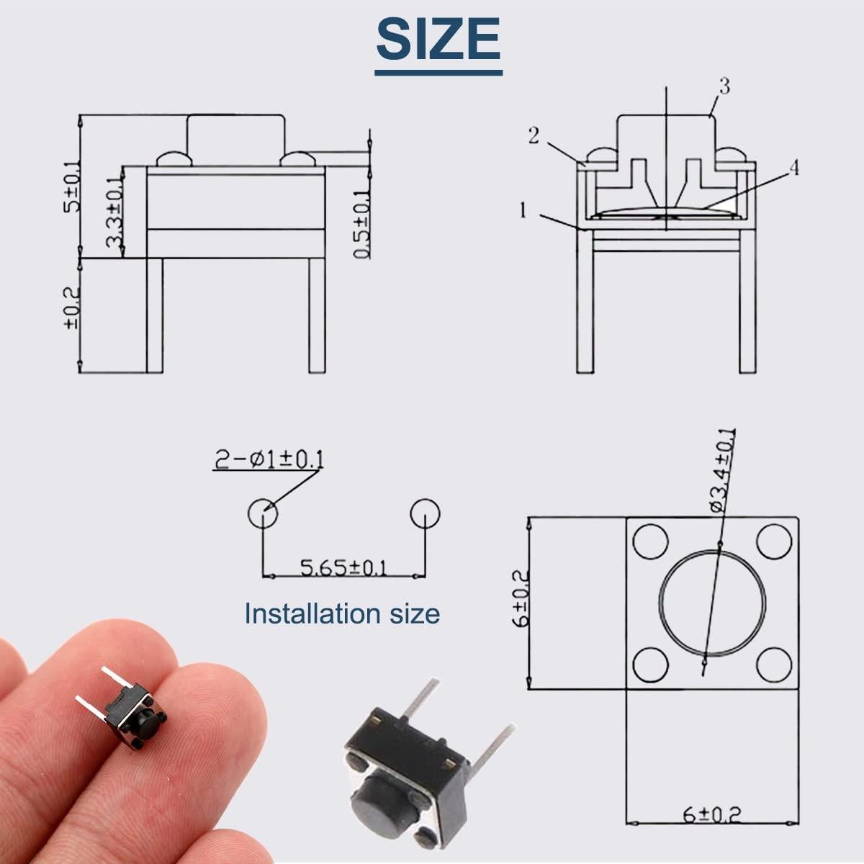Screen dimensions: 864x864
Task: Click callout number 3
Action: pos(724,86)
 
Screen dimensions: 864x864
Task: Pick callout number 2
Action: pos(534,135)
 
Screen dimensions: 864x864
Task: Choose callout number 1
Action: pos(524,211)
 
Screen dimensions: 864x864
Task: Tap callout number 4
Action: pos(793,168)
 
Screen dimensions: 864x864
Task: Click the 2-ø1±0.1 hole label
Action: pos(268,459)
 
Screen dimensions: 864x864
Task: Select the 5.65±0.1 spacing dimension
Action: pos(343,568)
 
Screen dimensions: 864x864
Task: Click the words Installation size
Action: pos(342,614)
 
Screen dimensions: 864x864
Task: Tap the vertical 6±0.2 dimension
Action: pos(520,597)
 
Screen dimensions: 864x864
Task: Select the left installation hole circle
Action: pos(262,513)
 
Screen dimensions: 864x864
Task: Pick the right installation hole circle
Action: pos(425,513)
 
